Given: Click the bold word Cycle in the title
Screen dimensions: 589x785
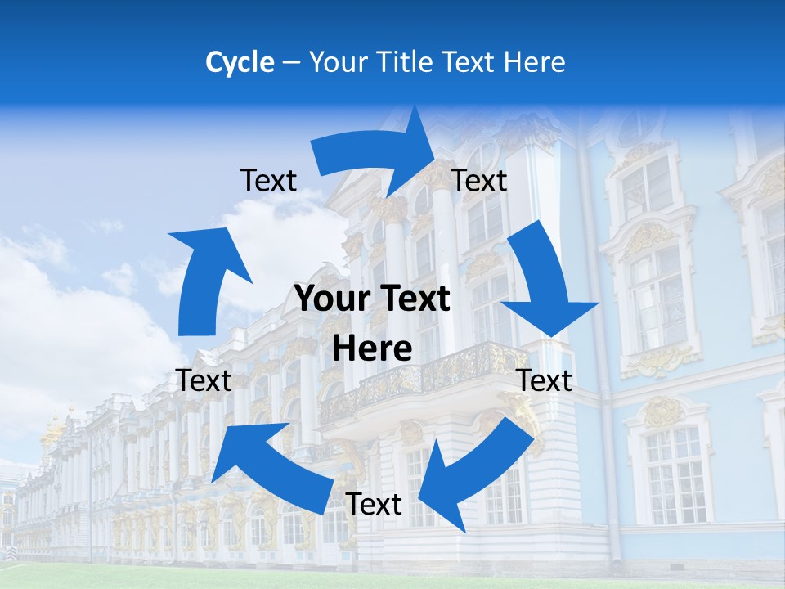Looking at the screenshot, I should [240, 62].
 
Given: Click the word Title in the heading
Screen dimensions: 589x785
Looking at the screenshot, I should [409, 62].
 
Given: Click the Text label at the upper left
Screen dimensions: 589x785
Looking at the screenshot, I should [268, 181].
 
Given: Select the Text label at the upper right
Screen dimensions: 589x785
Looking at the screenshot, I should [479, 181].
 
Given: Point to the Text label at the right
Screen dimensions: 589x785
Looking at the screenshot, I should [545, 380].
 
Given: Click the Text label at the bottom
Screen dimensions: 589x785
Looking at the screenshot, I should [374, 504].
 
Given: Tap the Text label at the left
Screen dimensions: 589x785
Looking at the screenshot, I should [204, 380].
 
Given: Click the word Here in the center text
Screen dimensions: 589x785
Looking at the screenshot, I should [372, 349].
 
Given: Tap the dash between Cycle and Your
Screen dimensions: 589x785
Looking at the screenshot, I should [290, 62].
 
